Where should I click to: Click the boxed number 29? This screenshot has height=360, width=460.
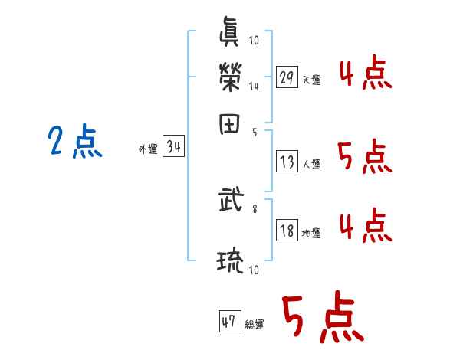tap(287, 77)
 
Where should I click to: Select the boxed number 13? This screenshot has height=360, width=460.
tap(287, 162)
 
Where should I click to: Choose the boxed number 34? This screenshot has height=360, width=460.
tap(173, 148)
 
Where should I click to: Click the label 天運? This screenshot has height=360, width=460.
tap(311, 80)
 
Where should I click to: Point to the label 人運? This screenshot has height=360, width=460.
tap(311, 164)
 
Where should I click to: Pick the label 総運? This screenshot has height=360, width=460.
tap(254, 325)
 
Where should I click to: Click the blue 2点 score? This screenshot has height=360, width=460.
tap(74, 142)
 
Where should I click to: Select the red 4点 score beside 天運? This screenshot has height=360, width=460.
tap(365, 75)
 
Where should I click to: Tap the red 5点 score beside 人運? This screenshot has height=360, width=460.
tap(365, 158)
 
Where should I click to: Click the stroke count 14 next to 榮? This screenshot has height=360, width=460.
tap(254, 87)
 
